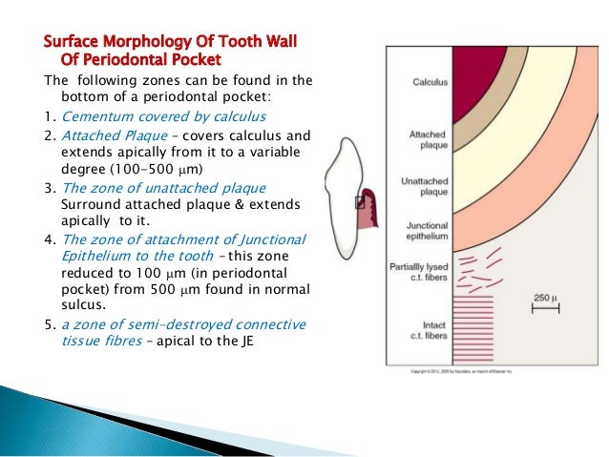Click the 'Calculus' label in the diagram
430,83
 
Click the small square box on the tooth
359,202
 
